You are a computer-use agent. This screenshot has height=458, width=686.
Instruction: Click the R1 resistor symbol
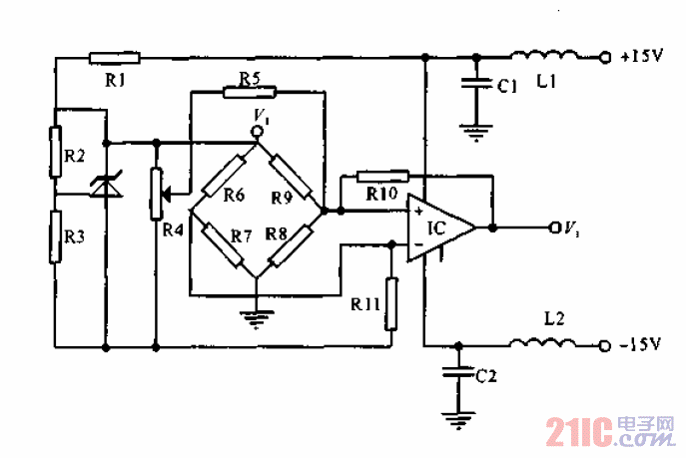[x=114, y=57]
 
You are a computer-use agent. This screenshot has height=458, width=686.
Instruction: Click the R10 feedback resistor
[x=383, y=176]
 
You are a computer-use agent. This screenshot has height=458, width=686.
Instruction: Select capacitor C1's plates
[x=476, y=81]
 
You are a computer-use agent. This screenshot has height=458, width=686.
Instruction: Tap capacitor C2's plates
[x=457, y=372]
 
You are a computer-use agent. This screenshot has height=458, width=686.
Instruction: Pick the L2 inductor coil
[x=540, y=344]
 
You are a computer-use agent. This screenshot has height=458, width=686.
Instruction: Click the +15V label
[x=641, y=57]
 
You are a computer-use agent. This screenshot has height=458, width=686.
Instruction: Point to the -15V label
[x=641, y=345]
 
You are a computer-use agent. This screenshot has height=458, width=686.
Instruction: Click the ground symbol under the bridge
[x=258, y=320]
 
